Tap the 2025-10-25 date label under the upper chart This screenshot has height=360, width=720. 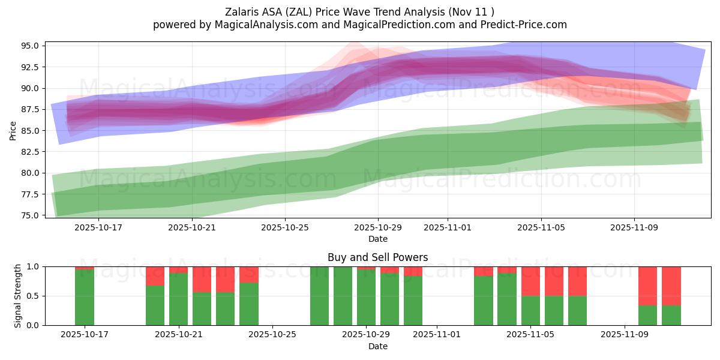(285, 228)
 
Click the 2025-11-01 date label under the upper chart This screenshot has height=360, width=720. (448, 228)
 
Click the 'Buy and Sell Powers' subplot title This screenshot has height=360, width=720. (377, 257)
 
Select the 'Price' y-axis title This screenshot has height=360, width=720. (13, 130)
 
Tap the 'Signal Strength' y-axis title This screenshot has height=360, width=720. (18, 296)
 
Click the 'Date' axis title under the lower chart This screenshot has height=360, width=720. (377, 346)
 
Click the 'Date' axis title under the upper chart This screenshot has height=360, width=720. (377, 239)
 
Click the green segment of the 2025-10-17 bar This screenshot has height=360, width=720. (85, 298)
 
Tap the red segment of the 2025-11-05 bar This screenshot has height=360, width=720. (530, 281)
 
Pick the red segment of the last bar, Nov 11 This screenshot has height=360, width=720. (671, 286)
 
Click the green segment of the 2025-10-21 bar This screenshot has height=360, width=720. (179, 299)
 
